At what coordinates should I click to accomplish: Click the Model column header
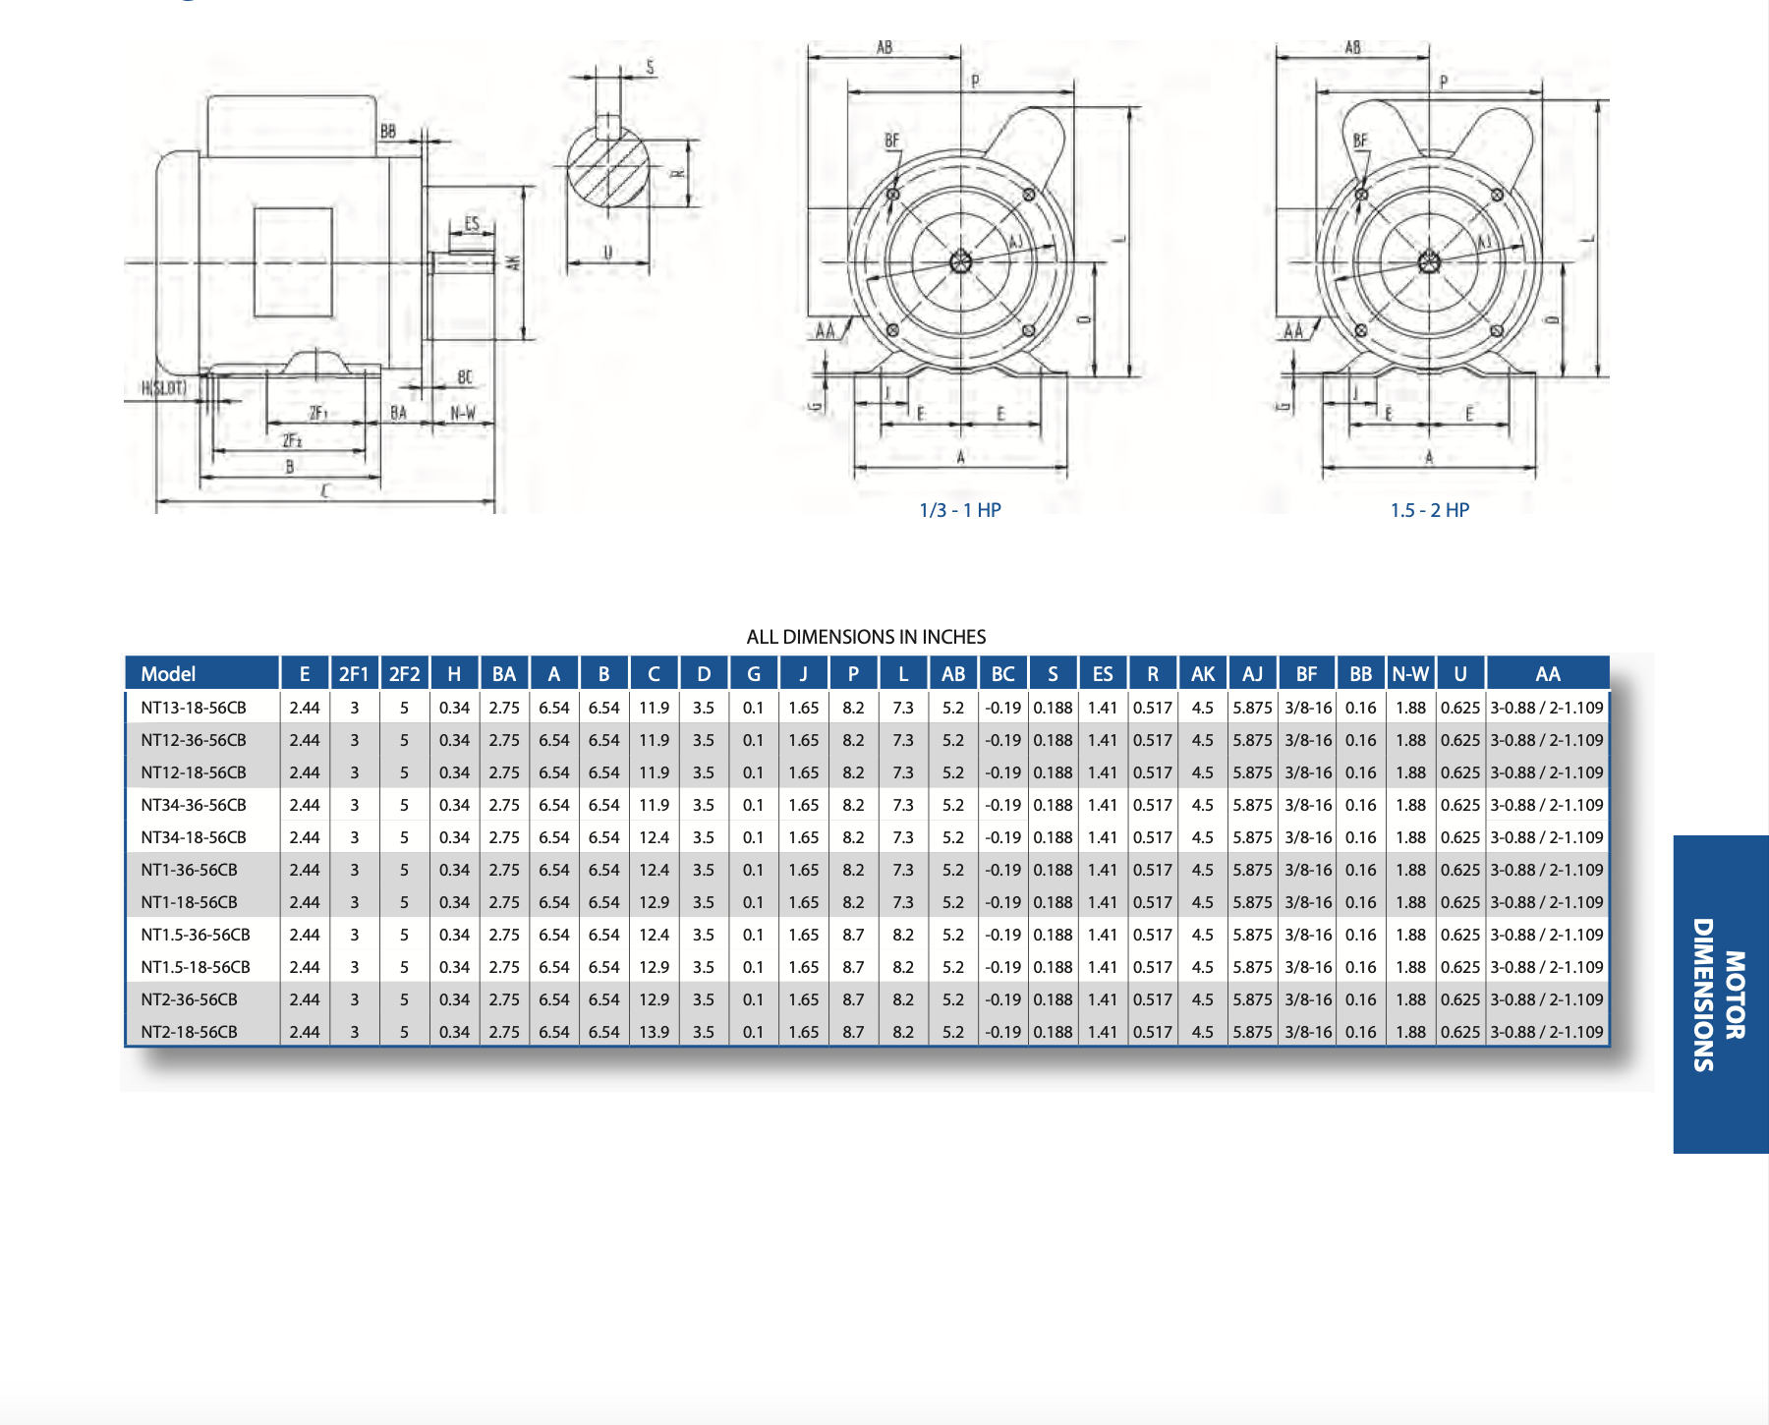pyautogui.click(x=168, y=674)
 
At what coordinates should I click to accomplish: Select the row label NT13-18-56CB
pyautogui.click(x=194, y=708)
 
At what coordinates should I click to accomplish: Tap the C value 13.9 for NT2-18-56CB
pyautogui.click(x=654, y=1032)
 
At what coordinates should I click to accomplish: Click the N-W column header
pyautogui.click(x=1410, y=674)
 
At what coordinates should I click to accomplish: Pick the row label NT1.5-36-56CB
pyautogui.click(x=196, y=935)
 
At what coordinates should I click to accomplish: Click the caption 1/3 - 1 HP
pyautogui.click(x=960, y=510)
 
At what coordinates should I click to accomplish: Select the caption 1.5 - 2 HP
pyautogui.click(x=1429, y=510)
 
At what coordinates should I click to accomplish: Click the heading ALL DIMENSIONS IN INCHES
pyautogui.click(x=866, y=637)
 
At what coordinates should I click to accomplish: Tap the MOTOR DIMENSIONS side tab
pyautogui.click(x=1719, y=994)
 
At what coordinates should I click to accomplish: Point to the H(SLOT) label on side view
pyautogui.click(x=164, y=388)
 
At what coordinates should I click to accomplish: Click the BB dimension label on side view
pyautogui.click(x=388, y=131)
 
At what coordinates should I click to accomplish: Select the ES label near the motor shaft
pyautogui.click(x=472, y=224)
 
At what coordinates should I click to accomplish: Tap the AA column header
pyautogui.click(x=1547, y=674)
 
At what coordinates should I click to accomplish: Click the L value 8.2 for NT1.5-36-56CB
pyautogui.click(x=903, y=935)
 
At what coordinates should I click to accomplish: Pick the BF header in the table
pyautogui.click(x=1306, y=674)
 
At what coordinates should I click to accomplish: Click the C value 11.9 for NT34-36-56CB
pyautogui.click(x=654, y=805)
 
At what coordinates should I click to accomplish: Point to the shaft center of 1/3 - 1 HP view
pyautogui.click(x=960, y=261)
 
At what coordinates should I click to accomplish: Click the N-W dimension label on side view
pyautogui.click(x=463, y=413)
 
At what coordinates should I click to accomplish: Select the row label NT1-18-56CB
pyautogui.click(x=189, y=902)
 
